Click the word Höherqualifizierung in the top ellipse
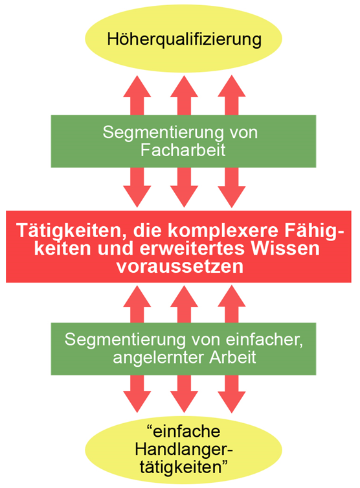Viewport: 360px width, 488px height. [x=184, y=40]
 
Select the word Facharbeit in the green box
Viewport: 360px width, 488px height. [x=183, y=150]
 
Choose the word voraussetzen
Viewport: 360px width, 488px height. [x=180, y=266]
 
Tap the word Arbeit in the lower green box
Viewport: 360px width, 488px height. [x=232, y=357]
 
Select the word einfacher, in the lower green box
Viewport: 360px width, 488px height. [x=264, y=340]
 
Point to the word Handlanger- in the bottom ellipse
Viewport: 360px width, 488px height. [x=184, y=449]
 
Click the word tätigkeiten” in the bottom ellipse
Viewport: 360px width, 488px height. [x=184, y=467]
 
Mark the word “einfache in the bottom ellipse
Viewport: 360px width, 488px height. [x=183, y=432]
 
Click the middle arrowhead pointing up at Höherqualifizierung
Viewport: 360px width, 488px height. [x=184, y=86]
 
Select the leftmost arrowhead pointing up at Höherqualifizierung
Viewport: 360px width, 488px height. [x=137, y=86]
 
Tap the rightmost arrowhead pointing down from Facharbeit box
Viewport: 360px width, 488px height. [x=232, y=197]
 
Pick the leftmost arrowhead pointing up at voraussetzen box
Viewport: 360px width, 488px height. [x=137, y=296]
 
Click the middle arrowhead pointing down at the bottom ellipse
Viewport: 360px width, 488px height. [x=184, y=402]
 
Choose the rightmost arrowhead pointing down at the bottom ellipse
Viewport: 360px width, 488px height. [x=232, y=402]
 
